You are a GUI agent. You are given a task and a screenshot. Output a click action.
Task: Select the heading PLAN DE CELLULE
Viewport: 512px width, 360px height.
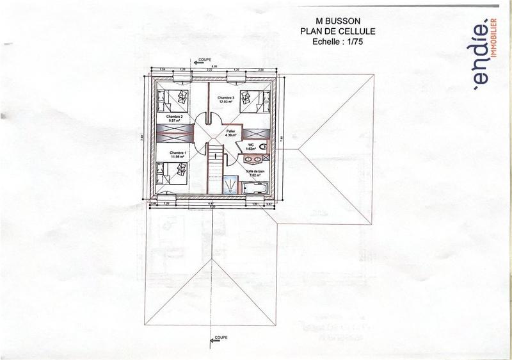coord(333,30)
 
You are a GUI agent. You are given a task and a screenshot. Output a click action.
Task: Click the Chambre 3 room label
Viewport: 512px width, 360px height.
coord(227,99)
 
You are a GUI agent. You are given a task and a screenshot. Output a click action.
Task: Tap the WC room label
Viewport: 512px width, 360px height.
coord(252,147)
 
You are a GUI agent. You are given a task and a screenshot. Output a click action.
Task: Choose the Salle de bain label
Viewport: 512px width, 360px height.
coord(255,172)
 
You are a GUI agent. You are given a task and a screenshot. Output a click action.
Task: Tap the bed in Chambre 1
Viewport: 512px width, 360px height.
coord(172,173)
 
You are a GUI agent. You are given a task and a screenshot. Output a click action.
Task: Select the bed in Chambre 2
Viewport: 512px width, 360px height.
coord(172,99)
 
